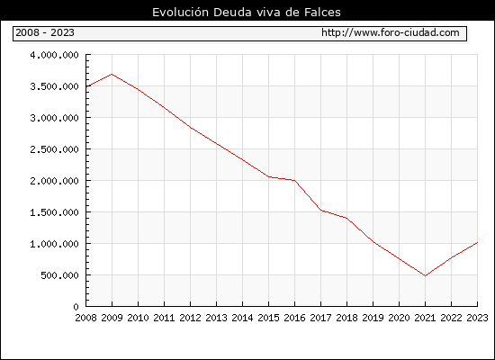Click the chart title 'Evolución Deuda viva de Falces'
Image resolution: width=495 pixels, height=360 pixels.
tap(247, 13)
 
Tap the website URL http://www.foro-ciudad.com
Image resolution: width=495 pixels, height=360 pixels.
tap(391, 32)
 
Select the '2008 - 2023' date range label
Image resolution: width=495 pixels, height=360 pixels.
tap(45, 32)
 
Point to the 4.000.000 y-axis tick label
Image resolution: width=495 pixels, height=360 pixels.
tap(54, 55)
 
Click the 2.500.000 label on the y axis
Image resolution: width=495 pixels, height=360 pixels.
tap(54, 149)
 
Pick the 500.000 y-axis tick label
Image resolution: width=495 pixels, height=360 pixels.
tap(59, 275)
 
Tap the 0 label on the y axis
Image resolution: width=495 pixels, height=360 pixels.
tap(76, 307)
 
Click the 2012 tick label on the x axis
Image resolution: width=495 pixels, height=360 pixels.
tap(191, 318)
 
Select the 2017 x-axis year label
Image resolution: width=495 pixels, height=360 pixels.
tap(320, 318)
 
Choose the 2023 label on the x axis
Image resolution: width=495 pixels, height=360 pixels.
tap(477, 318)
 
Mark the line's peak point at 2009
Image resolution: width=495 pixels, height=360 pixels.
tap(112, 74)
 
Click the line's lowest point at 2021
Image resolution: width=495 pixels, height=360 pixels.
tap(425, 275)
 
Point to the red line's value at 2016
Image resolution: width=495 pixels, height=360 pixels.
tap(295, 181)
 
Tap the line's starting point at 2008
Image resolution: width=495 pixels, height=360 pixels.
tap(86, 85)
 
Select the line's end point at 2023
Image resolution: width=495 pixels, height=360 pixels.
tap(477, 242)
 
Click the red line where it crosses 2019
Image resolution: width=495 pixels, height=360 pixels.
tap(373, 242)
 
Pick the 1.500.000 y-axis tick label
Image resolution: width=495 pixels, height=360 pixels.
tap(54, 212)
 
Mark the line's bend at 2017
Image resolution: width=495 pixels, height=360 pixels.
tap(320, 211)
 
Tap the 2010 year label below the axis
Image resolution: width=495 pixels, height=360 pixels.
tap(138, 318)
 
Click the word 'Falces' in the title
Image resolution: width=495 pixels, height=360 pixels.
tap(322, 13)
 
